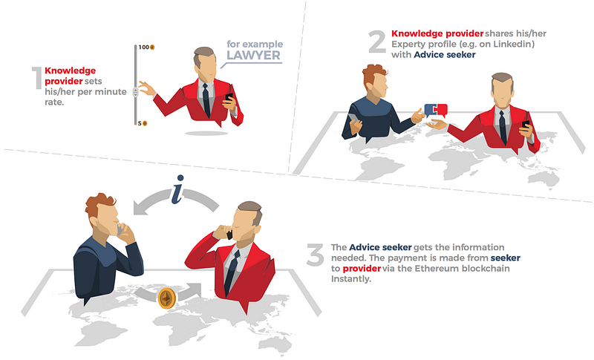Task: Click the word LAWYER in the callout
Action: (x=253, y=55)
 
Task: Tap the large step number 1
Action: (x=36, y=78)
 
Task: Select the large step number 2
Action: (x=377, y=42)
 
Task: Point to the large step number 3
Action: (x=315, y=255)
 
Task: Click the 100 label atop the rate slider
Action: (x=143, y=48)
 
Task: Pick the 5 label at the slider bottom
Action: (x=140, y=123)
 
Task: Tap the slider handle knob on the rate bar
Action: (x=136, y=92)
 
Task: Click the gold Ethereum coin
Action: (x=166, y=298)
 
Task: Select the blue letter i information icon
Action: (x=177, y=189)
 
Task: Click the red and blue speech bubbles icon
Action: (x=436, y=110)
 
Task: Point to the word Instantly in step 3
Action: (x=350, y=279)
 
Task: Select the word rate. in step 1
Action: (x=54, y=102)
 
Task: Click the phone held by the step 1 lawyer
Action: (x=229, y=98)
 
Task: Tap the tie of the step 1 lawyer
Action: (x=206, y=99)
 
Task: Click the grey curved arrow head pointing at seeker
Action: (x=140, y=208)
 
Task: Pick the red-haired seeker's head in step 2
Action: (x=376, y=82)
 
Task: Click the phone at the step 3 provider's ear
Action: (x=229, y=235)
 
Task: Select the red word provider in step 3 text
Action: (x=362, y=269)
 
